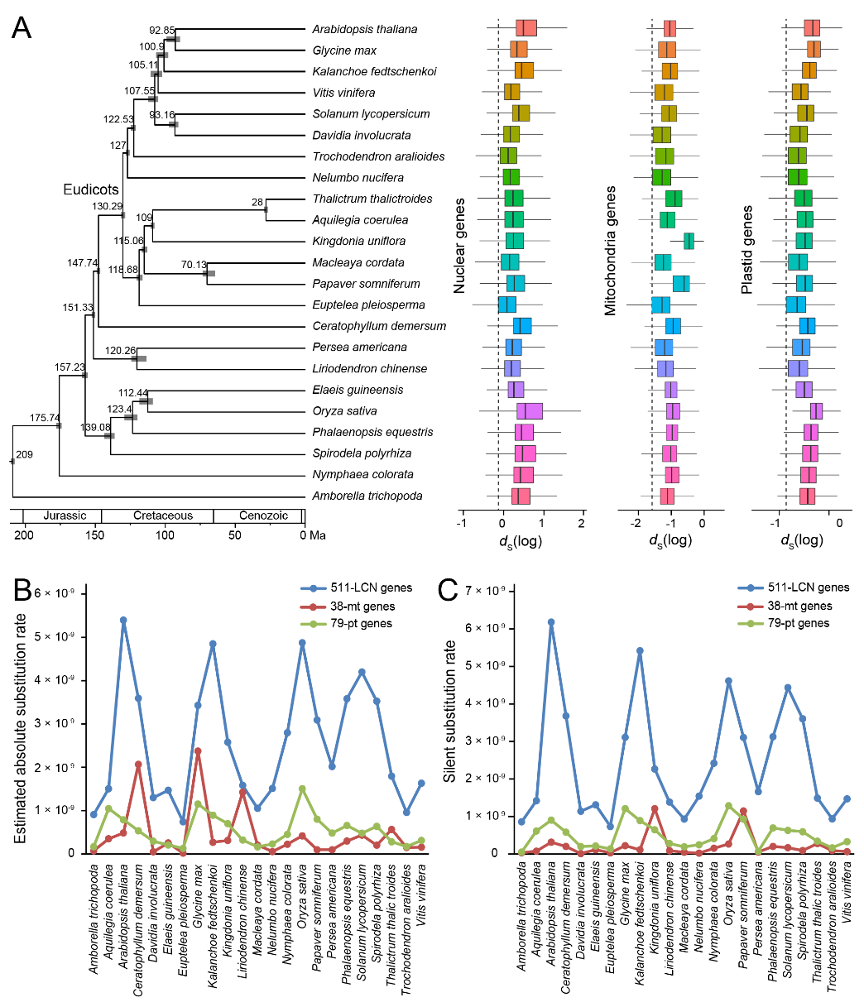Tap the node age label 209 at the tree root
point(24,454)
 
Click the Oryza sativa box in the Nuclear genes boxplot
point(529,411)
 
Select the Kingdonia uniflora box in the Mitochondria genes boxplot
point(689,241)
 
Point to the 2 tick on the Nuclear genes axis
point(583,524)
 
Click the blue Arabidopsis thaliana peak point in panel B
point(123,620)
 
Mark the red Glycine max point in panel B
point(198,751)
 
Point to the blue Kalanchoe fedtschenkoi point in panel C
point(640,651)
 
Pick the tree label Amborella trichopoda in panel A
point(367,496)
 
